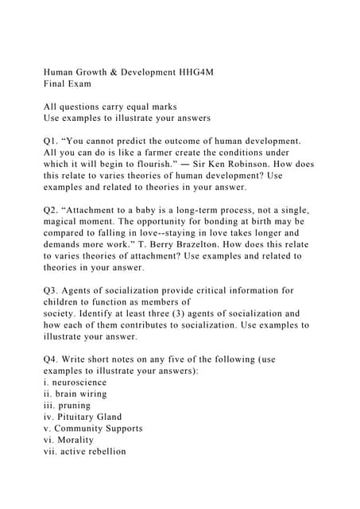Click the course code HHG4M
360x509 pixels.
[191, 72]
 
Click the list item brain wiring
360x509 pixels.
[80, 394]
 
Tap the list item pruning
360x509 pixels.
[73, 405]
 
